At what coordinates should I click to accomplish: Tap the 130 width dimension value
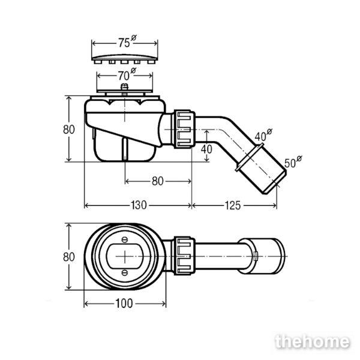coord(139,205)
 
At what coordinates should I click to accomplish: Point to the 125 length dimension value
coord(233,205)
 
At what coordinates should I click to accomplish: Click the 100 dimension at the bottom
coord(124,304)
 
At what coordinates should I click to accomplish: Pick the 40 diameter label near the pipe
coord(263,135)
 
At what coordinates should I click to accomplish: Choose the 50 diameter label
coord(293,161)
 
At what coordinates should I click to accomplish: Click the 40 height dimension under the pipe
coord(206,149)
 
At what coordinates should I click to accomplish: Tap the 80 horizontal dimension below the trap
coord(157,181)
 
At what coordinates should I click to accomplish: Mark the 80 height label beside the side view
coord(69,130)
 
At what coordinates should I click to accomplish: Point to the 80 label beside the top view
coord(69,257)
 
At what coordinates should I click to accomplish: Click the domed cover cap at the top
coord(125,59)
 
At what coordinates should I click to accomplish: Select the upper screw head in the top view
coord(125,240)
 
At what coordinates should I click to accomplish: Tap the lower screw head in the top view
coord(125,273)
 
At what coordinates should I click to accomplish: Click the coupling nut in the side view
coord(184,129)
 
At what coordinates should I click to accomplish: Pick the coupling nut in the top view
coord(184,256)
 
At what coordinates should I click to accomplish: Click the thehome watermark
coord(312,342)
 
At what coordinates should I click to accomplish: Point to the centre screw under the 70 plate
coord(124,88)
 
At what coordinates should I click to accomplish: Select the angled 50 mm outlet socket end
coord(262,169)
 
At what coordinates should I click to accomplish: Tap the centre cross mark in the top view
coord(125,256)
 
